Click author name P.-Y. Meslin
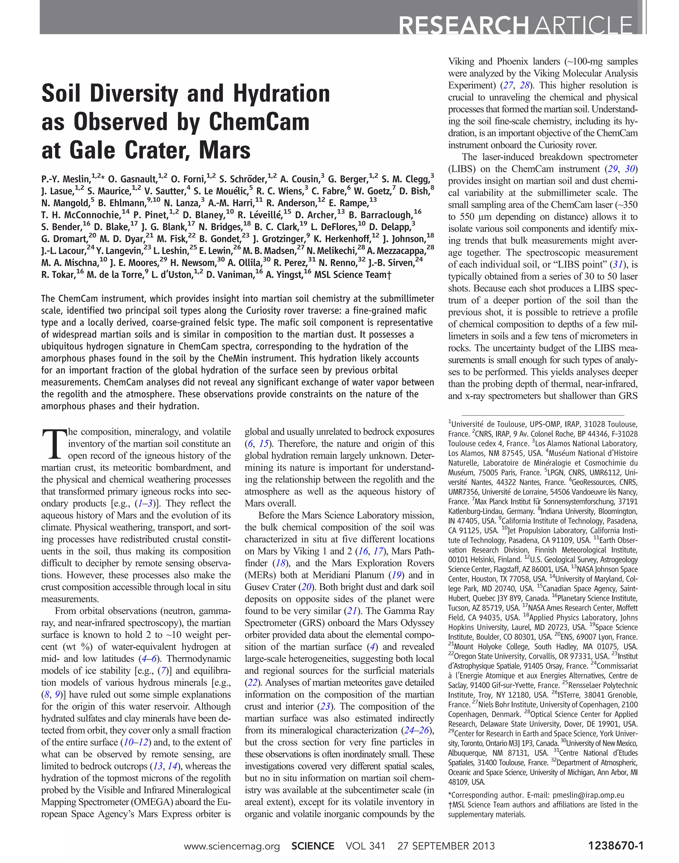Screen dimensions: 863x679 point(66,179)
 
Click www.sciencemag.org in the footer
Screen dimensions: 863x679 point(232,846)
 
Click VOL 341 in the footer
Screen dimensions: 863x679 point(365,846)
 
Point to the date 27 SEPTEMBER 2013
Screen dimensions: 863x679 point(446,846)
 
